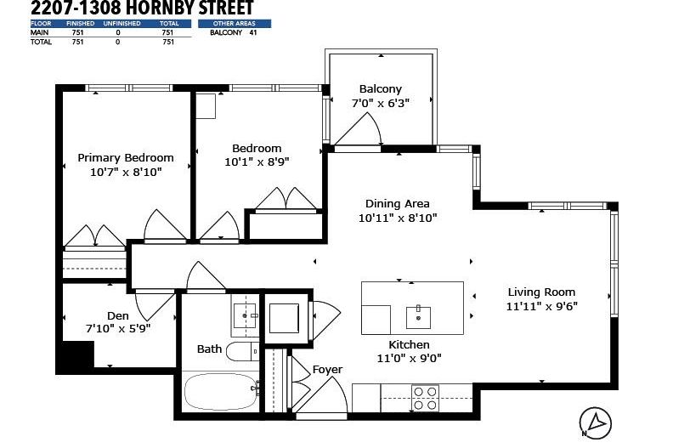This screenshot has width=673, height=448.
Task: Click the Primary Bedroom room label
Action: pos(126,157)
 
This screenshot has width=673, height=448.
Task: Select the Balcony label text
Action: pos(380,88)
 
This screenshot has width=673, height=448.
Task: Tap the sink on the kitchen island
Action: pos(419,316)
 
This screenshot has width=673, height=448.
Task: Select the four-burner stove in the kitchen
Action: pos(424,397)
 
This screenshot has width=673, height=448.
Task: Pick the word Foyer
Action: pos(327,369)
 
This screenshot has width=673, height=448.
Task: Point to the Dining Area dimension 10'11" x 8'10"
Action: pos(397,218)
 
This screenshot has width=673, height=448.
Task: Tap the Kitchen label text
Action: pos(409,344)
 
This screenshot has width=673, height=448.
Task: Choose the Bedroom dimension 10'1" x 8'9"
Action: pos(257,161)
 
